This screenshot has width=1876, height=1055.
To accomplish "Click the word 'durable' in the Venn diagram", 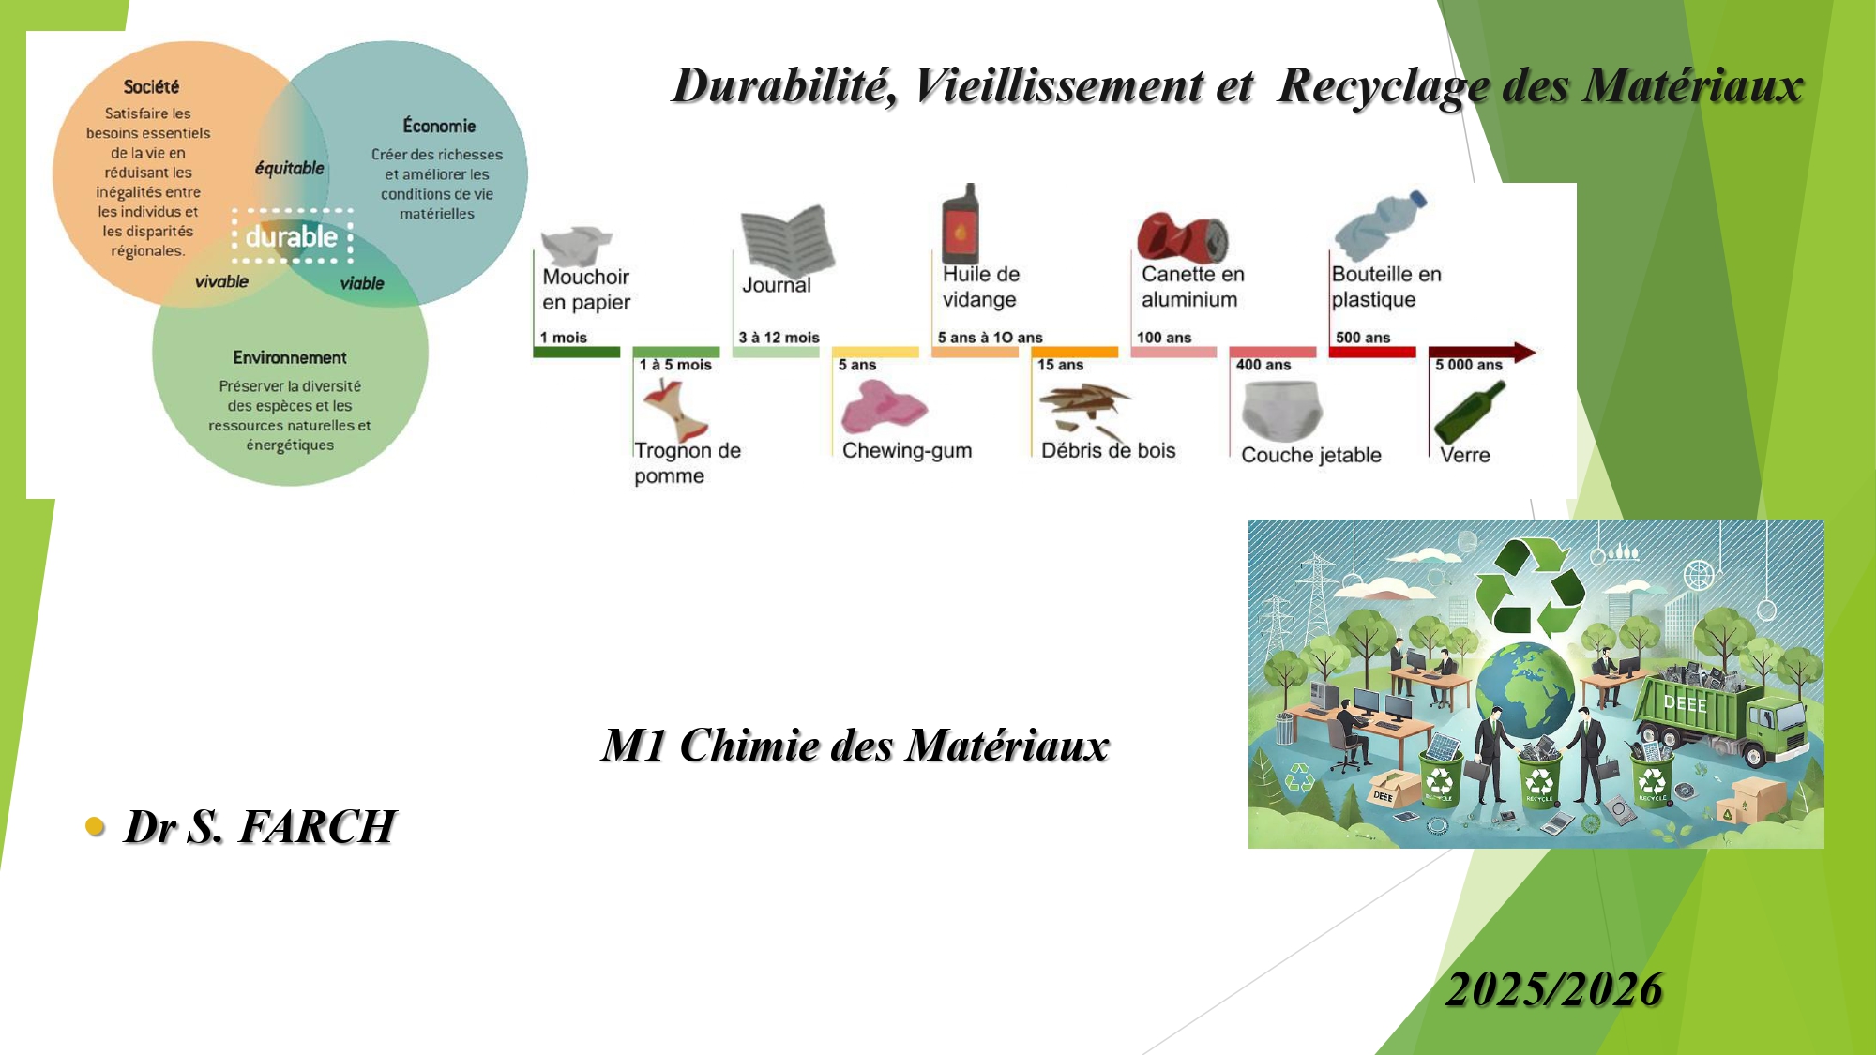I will pyautogui.click(x=291, y=236).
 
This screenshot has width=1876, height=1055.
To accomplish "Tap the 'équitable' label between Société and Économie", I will pyautogui.click(x=289, y=169).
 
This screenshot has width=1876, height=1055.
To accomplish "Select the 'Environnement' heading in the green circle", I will pyautogui.click(x=290, y=357).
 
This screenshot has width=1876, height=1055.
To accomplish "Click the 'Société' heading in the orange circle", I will pyautogui.click(x=151, y=87).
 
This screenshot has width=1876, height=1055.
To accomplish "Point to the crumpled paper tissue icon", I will pyautogui.click(x=574, y=245).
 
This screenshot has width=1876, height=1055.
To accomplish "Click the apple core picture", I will pyautogui.click(x=675, y=410).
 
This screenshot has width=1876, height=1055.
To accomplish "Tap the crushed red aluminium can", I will pyautogui.click(x=1182, y=237).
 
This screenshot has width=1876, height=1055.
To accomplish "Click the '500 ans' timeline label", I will pyautogui.click(x=1363, y=338).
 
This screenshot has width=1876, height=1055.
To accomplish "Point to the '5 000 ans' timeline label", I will pyautogui.click(x=1468, y=365).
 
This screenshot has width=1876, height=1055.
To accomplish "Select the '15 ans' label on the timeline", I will pyautogui.click(x=1060, y=365).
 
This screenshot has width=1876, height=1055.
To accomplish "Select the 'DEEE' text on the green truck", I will pyautogui.click(x=1685, y=702).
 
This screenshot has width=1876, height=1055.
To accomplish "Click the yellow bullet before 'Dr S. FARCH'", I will pyautogui.click(x=95, y=826).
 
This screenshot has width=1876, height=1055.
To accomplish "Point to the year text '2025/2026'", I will pyautogui.click(x=1553, y=989).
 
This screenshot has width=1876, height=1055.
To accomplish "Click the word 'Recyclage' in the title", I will pyautogui.click(x=1384, y=86).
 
